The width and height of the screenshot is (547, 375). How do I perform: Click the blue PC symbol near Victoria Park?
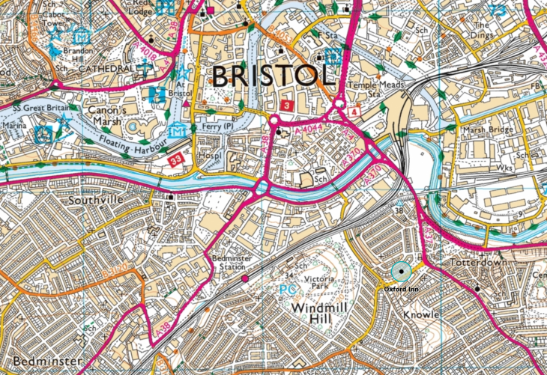(x=286, y=288)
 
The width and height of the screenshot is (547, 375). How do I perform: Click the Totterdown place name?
(x=479, y=263)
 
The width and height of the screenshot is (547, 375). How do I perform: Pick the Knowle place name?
(x=422, y=315)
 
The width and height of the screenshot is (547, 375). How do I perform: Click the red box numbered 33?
(x=175, y=159)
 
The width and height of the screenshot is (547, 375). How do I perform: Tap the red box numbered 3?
(x=287, y=103)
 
